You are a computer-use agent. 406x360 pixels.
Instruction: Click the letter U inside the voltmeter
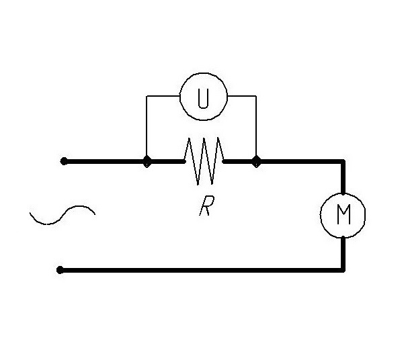click(x=203, y=98)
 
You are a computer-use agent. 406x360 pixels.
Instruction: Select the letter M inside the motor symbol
click(x=344, y=214)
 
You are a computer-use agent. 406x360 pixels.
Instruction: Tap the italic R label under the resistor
click(x=207, y=206)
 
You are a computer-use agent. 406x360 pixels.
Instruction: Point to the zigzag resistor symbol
click(x=204, y=161)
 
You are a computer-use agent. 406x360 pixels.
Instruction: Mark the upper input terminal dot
click(x=64, y=161)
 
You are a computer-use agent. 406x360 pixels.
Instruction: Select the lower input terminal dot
click(x=60, y=270)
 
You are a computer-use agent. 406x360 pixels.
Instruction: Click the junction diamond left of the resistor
click(x=147, y=161)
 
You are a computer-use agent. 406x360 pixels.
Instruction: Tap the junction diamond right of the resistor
click(x=256, y=161)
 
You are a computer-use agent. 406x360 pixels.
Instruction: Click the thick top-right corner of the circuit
click(x=343, y=162)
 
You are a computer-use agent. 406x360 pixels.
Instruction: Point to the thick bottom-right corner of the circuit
click(x=343, y=270)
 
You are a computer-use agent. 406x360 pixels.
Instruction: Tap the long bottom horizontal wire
click(x=202, y=270)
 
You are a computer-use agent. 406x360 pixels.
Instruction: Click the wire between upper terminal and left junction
click(x=105, y=161)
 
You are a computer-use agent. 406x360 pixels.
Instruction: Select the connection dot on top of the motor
click(x=343, y=193)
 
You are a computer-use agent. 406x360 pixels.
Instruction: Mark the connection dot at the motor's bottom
click(x=343, y=237)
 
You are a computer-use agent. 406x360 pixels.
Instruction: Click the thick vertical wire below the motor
click(x=343, y=253)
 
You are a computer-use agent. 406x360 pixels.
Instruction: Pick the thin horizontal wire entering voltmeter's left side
click(x=163, y=96)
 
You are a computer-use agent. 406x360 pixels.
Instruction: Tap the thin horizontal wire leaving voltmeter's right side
click(x=242, y=96)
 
